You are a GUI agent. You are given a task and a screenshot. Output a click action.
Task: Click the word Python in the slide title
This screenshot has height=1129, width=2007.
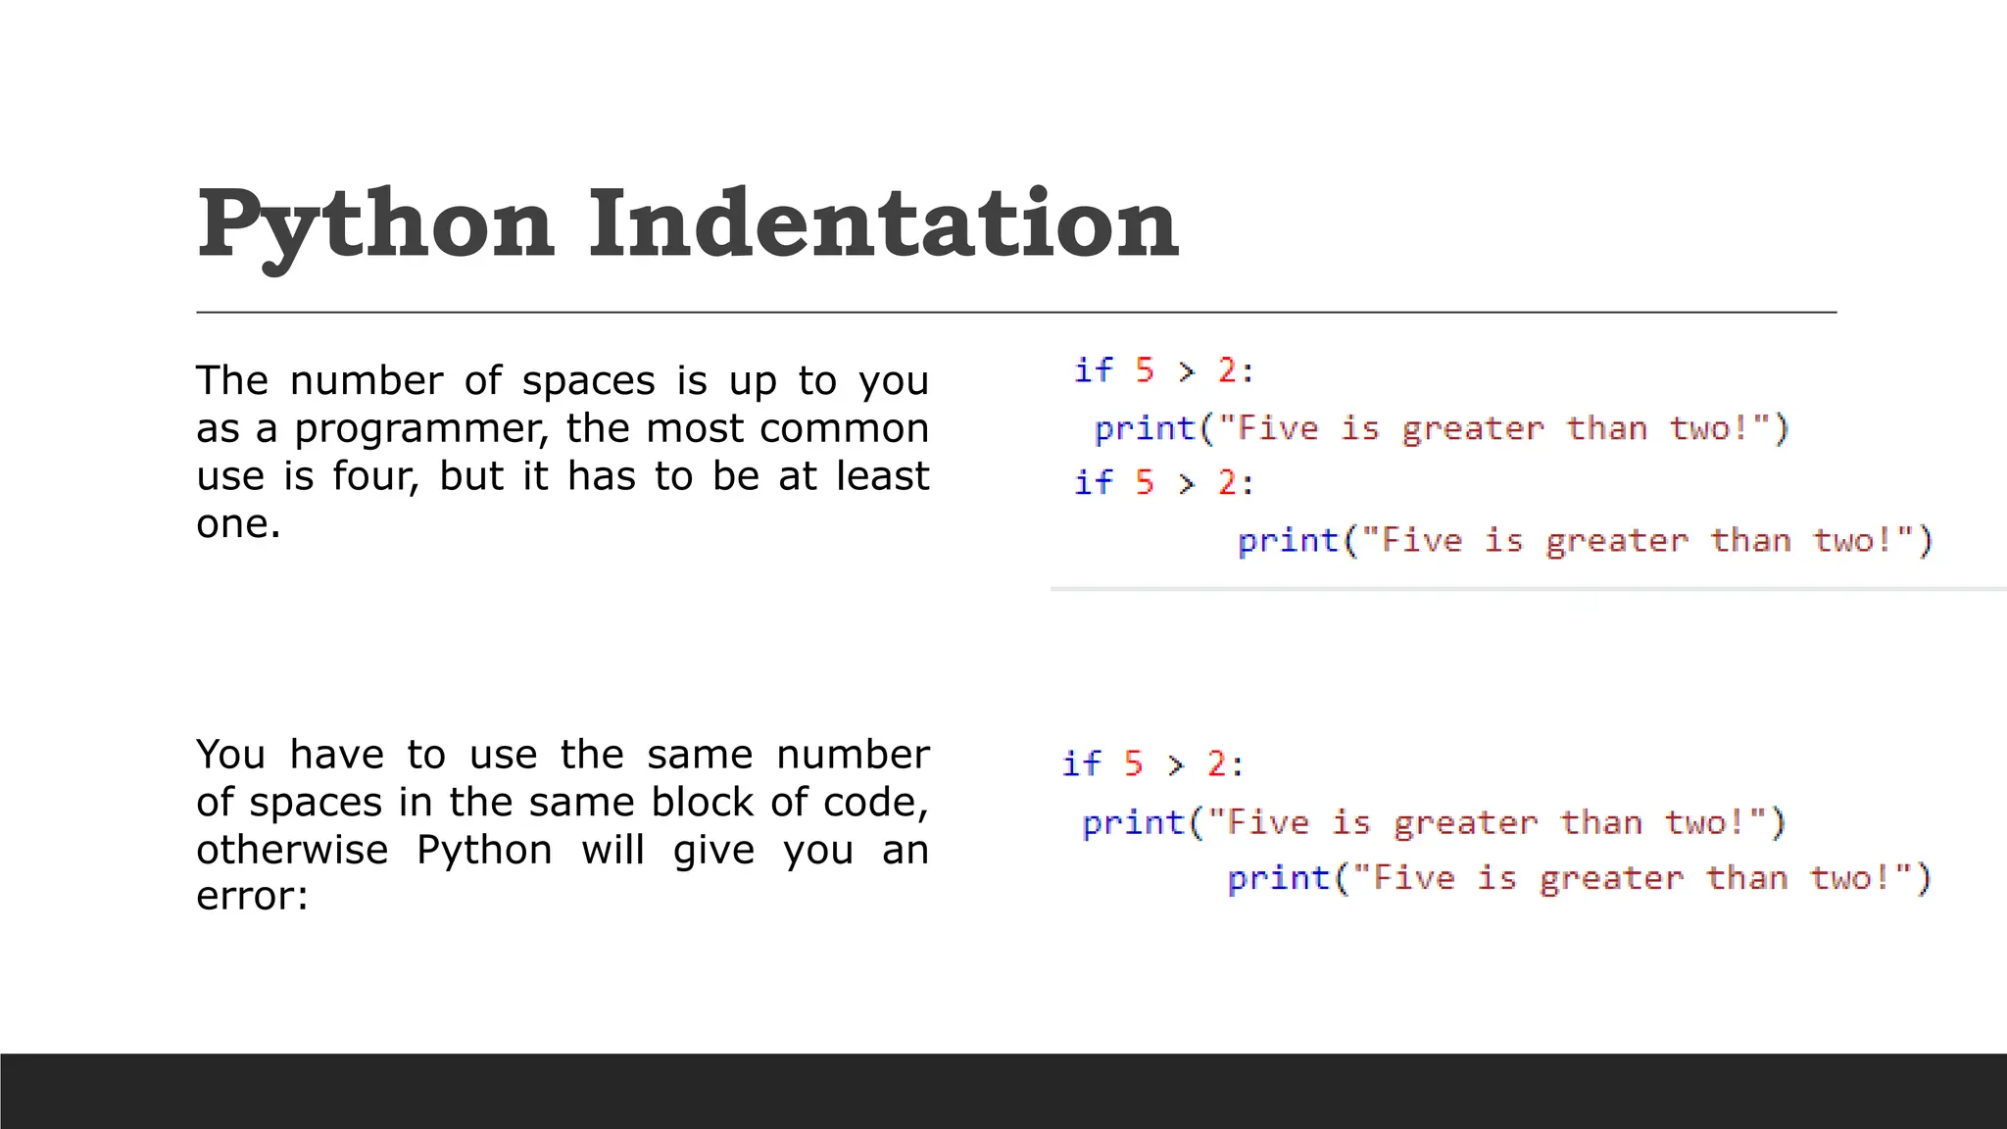pos(376,225)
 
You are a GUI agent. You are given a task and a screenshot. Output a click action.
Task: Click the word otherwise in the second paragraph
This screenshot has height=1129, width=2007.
pos(292,850)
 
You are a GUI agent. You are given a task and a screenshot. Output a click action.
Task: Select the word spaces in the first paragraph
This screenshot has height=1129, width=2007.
pos(588,380)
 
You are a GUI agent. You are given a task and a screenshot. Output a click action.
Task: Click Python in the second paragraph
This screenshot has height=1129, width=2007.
pos(484,850)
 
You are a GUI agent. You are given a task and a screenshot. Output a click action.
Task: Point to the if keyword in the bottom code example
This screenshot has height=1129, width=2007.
pos(1081,763)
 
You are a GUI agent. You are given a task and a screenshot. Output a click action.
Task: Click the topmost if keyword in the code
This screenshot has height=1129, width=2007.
pos(1093,370)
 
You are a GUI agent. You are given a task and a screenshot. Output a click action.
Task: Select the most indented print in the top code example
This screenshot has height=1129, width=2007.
pos(1287,541)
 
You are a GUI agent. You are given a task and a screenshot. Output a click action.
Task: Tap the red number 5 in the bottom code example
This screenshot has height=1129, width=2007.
pos(1134,763)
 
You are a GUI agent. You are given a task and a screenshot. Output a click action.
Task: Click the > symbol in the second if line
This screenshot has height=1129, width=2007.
pos(1187,483)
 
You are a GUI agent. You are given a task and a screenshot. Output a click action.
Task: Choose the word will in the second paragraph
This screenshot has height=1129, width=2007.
pos(612,850)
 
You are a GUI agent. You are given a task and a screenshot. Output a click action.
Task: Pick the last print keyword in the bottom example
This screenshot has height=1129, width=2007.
pos(1277,878)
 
